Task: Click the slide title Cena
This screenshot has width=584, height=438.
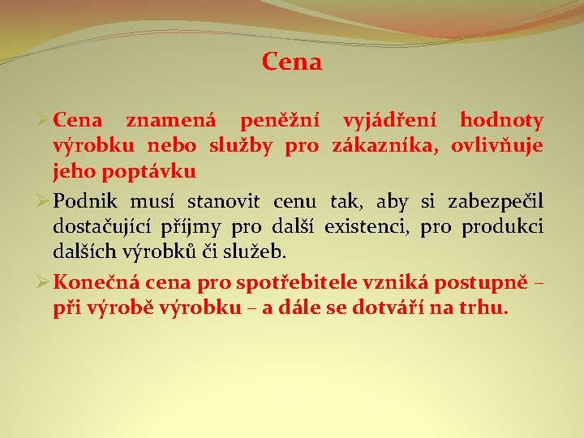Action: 292,62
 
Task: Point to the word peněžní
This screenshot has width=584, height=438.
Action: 279,121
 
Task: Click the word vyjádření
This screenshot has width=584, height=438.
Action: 390,121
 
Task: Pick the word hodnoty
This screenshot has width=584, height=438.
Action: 501,121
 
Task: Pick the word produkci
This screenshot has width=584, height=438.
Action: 502,226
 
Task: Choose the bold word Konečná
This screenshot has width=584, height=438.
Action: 92,282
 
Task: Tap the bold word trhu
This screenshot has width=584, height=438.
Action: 485,307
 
